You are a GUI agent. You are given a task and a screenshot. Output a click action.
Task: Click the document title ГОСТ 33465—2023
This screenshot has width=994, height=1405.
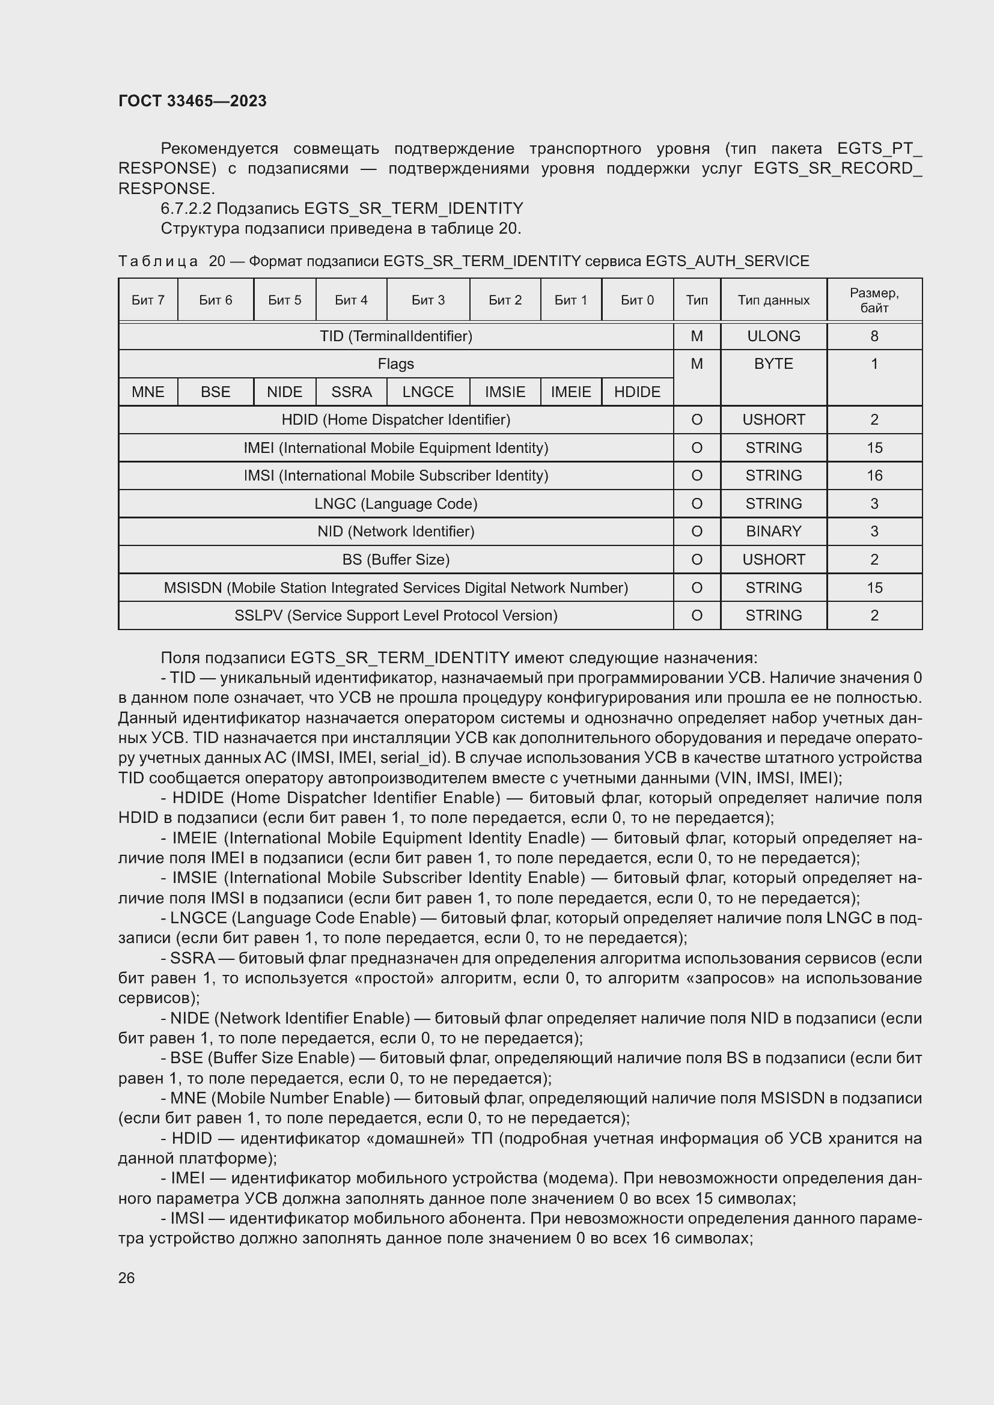[192, 101]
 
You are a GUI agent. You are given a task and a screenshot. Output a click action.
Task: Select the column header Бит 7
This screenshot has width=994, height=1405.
[147, 300]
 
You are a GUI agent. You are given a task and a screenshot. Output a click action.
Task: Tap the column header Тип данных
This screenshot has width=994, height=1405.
[773, 300]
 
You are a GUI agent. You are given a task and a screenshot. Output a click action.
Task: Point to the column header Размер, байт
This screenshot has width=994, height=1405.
[873, 300]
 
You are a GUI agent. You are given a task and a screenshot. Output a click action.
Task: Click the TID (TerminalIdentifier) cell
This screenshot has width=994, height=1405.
[395, 336]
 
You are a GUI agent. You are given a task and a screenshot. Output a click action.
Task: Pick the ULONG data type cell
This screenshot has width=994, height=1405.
[773, 336]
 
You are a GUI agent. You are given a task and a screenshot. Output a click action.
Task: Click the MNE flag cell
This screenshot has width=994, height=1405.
[147, 392]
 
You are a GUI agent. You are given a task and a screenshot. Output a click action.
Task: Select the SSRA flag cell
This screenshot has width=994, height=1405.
[352, 392]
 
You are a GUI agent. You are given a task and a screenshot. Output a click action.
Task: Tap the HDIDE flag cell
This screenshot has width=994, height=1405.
[636, 392]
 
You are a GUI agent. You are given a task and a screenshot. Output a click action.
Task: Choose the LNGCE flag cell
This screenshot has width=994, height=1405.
[428, 392]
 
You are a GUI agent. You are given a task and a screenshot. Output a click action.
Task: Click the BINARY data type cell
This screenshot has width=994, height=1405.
[773, 531]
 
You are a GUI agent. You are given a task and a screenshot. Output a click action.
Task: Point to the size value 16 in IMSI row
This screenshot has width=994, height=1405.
[873, 476]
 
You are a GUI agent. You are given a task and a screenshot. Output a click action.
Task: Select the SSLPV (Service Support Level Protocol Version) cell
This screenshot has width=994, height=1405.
[395, 615]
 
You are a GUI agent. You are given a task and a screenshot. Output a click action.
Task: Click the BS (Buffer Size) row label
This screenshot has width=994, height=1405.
[395, 559]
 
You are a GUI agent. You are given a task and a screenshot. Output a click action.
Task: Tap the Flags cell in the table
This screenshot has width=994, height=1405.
[395, 364]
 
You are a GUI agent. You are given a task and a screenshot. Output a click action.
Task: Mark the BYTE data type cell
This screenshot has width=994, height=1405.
[773, 364]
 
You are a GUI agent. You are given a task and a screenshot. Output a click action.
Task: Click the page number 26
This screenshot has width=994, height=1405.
[126, 1278]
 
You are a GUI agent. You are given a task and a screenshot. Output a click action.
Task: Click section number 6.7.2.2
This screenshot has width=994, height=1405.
[186, 208]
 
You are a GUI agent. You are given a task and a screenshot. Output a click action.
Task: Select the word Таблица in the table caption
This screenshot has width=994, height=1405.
[158, 261]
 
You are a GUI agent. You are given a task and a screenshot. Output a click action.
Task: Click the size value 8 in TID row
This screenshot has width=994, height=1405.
[873, 336]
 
